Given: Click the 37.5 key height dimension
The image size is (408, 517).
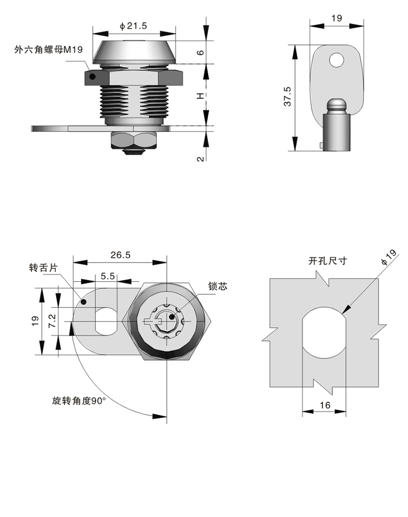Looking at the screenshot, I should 288,97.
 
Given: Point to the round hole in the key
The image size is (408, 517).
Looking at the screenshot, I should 337,60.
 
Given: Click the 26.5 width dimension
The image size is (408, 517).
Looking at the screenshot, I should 120,254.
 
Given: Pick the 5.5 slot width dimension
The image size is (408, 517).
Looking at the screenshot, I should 108,276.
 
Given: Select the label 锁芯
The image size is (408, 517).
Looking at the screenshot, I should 217,287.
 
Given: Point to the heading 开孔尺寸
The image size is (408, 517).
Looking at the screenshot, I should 328,261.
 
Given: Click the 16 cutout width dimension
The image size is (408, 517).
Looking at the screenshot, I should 325,405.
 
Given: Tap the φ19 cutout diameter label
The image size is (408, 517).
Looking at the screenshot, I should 388,257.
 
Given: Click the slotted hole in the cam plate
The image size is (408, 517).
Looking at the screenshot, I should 107,321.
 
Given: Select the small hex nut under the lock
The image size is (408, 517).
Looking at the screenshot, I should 134,139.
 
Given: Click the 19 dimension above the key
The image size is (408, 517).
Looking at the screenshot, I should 336,19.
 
